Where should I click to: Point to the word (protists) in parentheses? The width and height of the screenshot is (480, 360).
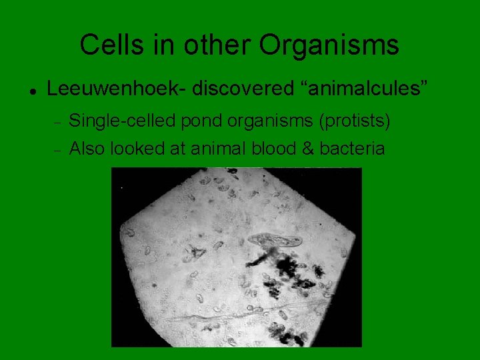point(355,122)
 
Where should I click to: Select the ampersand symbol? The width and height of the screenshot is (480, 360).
point(307,148)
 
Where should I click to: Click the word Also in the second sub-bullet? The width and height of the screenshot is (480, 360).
point(87,148)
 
